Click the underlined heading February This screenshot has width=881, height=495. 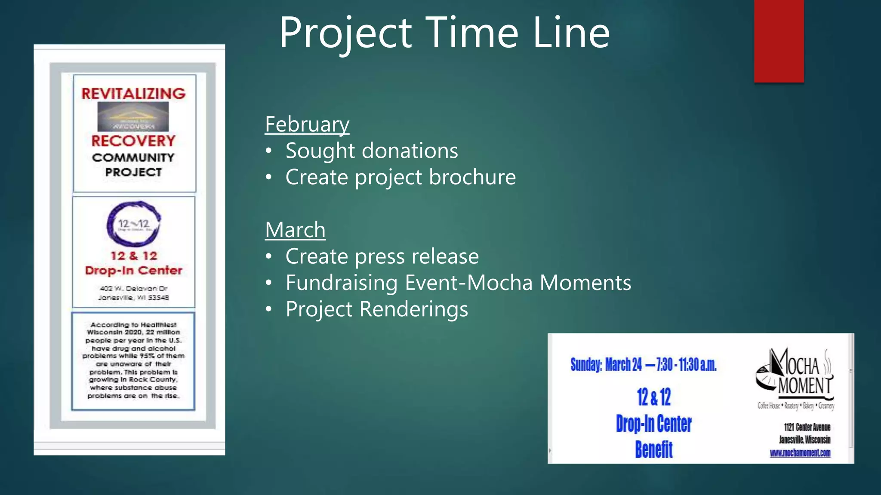(x=307, y=125)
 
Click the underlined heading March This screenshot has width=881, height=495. (x=295, y=230)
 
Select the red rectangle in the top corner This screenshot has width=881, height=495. (x=779, y=41)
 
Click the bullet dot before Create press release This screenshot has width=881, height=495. (x=269, y=257)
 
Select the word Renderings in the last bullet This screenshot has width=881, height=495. (x=413, y=309)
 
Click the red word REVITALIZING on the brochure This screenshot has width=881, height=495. (x=133, y=94)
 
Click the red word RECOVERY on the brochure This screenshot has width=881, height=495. (x=133, y=141)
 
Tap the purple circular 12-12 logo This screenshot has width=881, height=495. (x=134, y=224)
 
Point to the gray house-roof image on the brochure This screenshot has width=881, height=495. (x=133, y=116)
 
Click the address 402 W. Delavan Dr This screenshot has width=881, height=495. (x=133, y=288)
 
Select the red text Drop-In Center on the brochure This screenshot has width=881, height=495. (x=133, y=271)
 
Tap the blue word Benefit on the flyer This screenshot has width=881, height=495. (x=653, y=450)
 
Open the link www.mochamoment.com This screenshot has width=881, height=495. (x=800, y=453)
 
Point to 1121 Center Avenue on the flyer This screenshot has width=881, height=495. (x=807, y=427)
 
